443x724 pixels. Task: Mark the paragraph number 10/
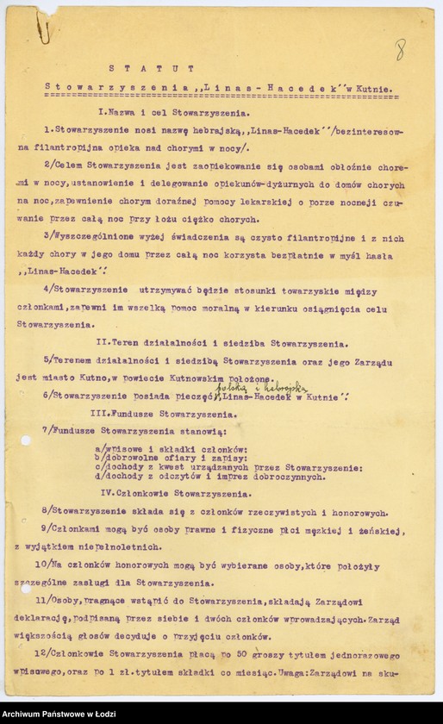pyautogui.click(x=49, y=565)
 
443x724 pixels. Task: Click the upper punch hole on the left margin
pyautogui.click(x=26, y=440)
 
